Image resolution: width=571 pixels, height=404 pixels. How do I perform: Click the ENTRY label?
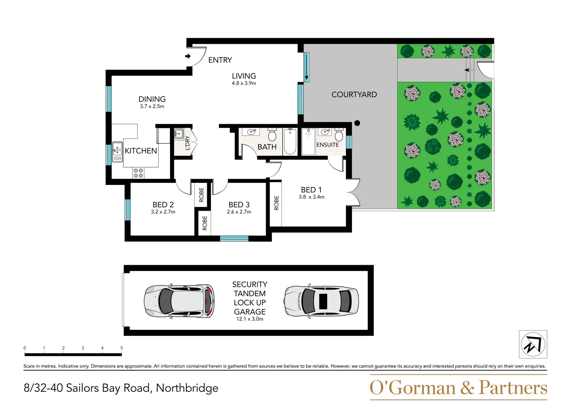click(220, 60)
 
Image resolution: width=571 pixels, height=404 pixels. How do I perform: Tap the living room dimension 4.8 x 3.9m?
click(244, 83)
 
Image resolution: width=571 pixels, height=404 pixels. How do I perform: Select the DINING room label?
click(152, 99)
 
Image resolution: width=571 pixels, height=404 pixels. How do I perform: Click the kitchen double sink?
click(117, 151)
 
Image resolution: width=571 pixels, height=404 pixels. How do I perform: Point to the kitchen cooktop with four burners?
click(138, 173)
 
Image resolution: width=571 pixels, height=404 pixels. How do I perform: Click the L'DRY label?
click(187, 143)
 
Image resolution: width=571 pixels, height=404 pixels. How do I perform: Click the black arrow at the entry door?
click(188, 56)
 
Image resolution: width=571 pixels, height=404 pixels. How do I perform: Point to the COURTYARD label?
click(354, 95)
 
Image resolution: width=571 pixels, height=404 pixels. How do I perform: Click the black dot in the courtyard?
click(357, 123)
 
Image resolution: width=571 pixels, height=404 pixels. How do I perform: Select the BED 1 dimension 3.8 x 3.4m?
click(311, 197)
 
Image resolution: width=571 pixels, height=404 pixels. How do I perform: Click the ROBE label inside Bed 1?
click(276, 203)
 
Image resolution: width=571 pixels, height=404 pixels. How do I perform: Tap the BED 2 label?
click(163, 205)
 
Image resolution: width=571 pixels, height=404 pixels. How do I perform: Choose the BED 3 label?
click(239, 205)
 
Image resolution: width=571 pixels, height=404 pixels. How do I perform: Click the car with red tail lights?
click(179, 301)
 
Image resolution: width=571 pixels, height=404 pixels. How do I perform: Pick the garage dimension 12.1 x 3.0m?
click(249, 319)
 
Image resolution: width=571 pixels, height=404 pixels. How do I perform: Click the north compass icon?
click(533, 345)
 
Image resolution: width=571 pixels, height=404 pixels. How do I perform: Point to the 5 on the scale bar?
click(122, 348)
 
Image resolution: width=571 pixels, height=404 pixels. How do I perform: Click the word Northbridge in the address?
click(187, 388)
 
